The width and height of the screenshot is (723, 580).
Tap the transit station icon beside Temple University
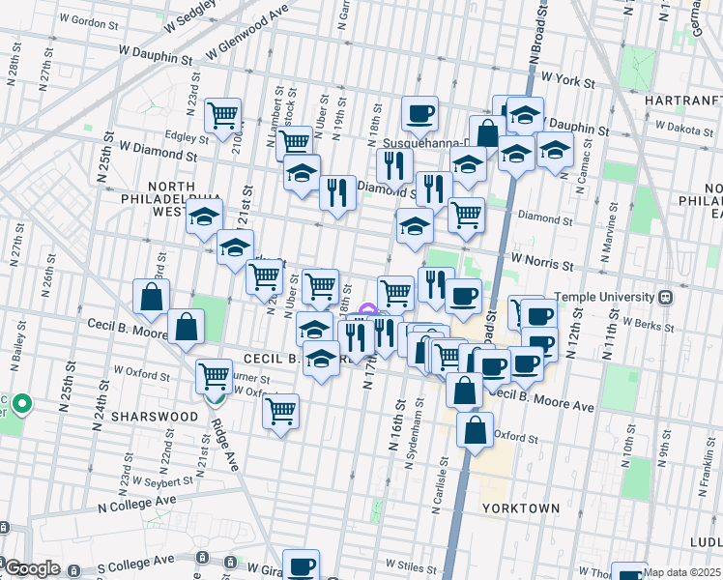(x=666, y=298)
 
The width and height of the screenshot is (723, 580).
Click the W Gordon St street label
(x=89, y=20)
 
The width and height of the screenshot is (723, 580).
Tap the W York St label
(x=566, y=76)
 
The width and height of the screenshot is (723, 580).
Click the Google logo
(x=32, y=568)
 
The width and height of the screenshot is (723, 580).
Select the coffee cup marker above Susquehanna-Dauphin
(x=419, y=113)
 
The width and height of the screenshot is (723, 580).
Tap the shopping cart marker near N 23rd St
(x=223, y=115)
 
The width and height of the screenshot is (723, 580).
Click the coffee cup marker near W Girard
(x=301, y=565)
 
